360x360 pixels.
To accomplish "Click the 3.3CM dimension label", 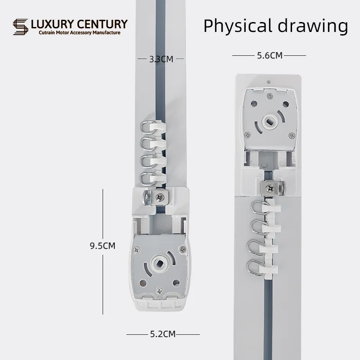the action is point(161,58).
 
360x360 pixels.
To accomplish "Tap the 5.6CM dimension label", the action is point(270,56).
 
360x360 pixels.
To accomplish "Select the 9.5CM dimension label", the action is point(103,246).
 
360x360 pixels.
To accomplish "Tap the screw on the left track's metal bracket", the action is point(159,197).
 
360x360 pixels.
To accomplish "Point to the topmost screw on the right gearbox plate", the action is point(270,95).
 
